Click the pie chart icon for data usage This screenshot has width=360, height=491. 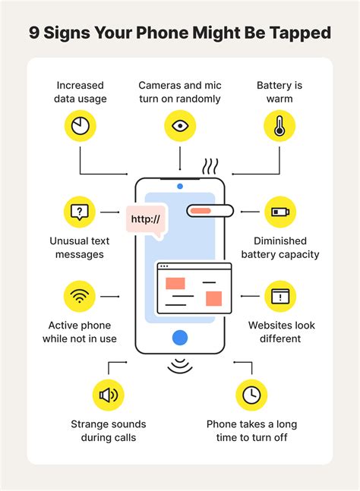(x=80, y=126)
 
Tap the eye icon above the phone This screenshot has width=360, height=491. (x=180, y=126)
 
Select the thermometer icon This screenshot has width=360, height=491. (x=279, y=126)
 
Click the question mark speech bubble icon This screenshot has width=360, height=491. (x=80, y=212)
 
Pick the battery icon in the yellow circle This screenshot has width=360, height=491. (x=279, y=212)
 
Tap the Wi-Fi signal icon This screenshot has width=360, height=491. (x=80, y=296)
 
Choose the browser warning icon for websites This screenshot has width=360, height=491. (x=279, y=296)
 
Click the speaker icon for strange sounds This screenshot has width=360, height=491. (x=108, y=395)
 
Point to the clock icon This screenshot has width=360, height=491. (x=251, y=395)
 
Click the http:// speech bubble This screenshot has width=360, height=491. (x=147, y=221)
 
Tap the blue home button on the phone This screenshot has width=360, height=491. (x=180, y=338)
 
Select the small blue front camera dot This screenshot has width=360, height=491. (x=180, y=186)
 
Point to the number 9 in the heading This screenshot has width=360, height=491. (x=34, y=33)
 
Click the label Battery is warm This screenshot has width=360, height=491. (x=279, y=93)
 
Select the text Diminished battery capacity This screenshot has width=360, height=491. (x=279, y=248)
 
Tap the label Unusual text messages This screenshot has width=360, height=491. (x=80, y=248)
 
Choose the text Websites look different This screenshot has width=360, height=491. (x=279, y=332)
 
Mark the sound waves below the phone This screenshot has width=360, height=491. (x=180, y=365)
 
